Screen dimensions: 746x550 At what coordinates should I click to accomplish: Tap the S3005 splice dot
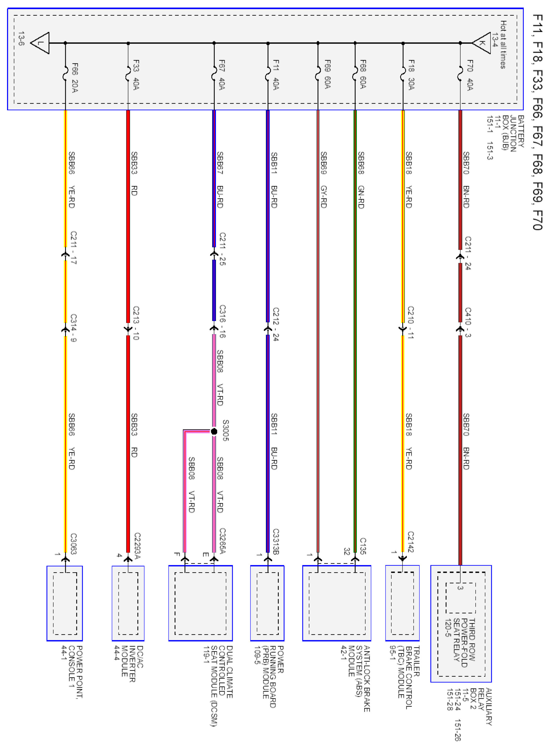(x=214, y=432)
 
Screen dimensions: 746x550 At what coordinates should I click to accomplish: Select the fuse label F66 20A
(x=75, y=77)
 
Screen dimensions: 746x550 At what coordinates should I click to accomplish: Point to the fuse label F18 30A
(x=411, y=75)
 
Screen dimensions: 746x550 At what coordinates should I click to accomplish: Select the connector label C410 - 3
(x=468, y=322)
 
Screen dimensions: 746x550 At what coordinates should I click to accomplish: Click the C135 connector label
(x=363, y=546)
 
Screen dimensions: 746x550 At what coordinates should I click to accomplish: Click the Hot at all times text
(x=503, y=45)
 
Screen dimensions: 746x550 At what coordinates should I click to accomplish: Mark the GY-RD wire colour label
(x=323, y=197)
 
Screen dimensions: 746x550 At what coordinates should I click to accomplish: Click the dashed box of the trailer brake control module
(x=402, y=603)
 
